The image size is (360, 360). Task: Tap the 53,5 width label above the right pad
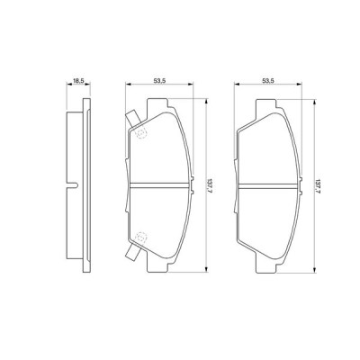click(x=266, y=80)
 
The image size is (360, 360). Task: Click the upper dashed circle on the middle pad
click(x=140, y=132)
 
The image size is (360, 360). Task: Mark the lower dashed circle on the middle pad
click(x=140, y=238)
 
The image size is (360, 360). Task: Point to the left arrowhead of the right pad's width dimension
click(x=237, y=86)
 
